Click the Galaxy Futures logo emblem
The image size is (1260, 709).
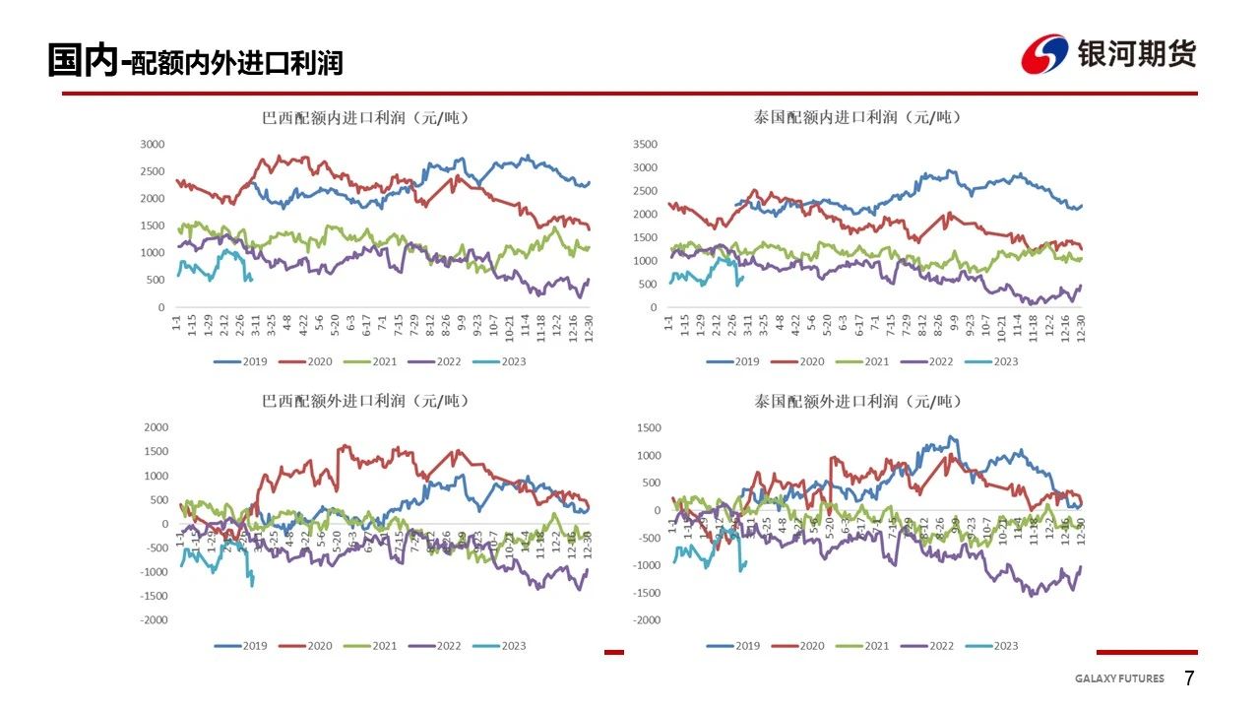click(1045, 54)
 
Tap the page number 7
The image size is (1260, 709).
click(1189, 678)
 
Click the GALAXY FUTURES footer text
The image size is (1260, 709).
click(1119, 678)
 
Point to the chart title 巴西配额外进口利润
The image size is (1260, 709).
click(365, 401)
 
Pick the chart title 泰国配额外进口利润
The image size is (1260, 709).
click(857, 401)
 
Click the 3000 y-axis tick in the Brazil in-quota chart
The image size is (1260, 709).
click(153, 144)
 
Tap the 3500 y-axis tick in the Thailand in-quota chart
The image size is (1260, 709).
click(644, 144)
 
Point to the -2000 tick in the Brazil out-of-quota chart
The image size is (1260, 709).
click(156, 619)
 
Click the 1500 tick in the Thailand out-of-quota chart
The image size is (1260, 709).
click(648, 427)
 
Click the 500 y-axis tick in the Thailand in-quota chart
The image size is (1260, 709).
click(648, 285)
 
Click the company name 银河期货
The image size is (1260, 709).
click(1137, 53)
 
